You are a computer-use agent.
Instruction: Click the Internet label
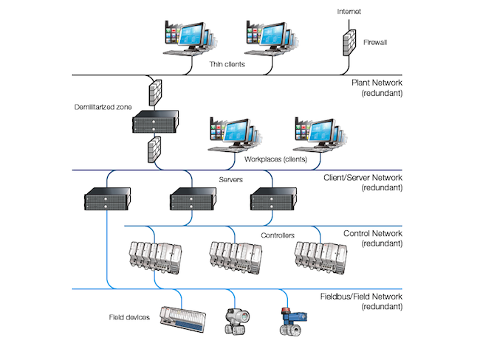pyautogui.click(x=349, y=12)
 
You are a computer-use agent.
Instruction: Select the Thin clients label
pyautogui.click(x=227, y=64)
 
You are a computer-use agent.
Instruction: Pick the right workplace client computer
pyautogui.click(x=317, y=135)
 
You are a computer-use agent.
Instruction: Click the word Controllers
pyautogui.click(x=278, y=236)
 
